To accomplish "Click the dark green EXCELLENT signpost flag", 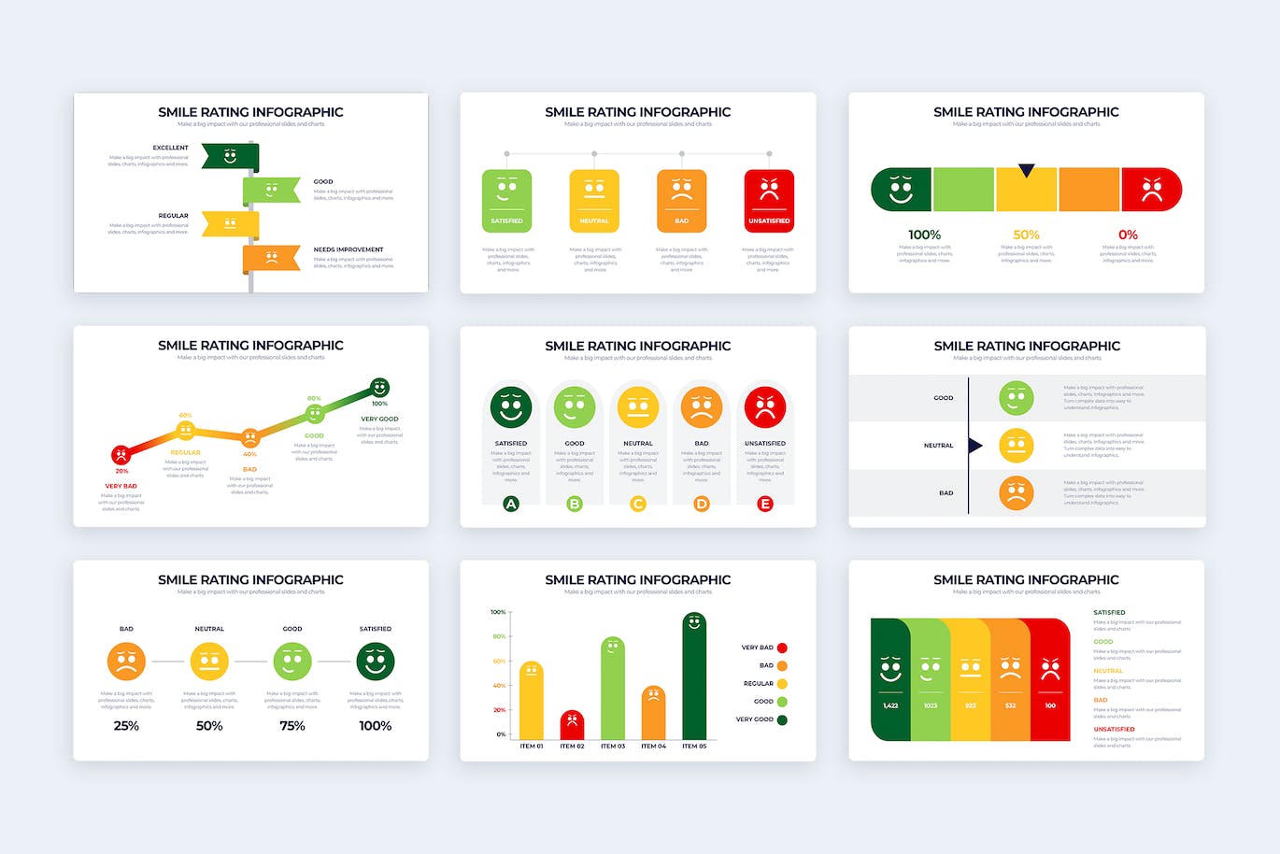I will [230, 157].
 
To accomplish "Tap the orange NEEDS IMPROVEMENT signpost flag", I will [271, 258].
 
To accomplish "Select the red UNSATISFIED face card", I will [769, 200].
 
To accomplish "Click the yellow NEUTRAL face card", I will [594, 200].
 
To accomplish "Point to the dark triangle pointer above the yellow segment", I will [1026, 171].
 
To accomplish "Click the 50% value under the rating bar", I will [1026, 235].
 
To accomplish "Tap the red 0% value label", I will [1128, 235].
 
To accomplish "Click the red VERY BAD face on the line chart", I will [121, 455].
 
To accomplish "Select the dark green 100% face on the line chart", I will [379, 387].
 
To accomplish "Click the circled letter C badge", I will [638, 504].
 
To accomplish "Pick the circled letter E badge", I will [765, 504].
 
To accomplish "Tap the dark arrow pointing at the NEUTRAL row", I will [975, 446].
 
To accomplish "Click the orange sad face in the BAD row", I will [1016, 492].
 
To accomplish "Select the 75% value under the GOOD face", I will [292, 725].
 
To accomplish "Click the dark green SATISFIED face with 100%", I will [376, 662].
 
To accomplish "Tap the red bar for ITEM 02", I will [572, 726].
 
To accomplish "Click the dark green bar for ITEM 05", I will [694, 677].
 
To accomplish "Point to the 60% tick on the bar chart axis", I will [499, 661].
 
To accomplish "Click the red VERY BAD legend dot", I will [782, 648].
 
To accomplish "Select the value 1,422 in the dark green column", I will [890, 705].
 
